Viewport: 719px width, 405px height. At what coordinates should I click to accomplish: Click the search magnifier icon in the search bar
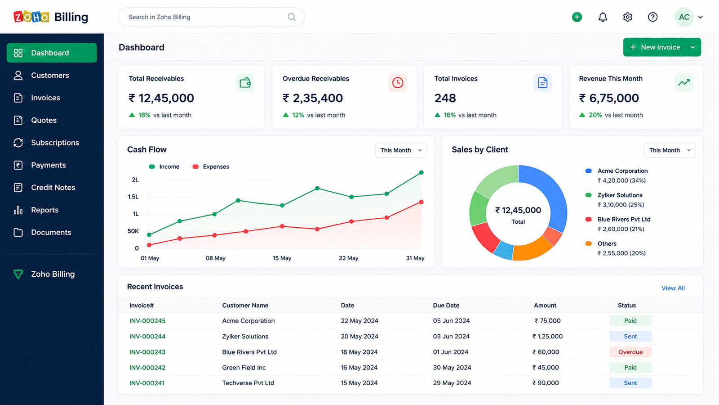coord(292,17)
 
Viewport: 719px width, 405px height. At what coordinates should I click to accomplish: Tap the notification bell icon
coord(603,17)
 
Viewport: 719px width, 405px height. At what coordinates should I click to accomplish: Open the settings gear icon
coord(627,17)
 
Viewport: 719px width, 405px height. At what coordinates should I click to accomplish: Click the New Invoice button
coord(662,47)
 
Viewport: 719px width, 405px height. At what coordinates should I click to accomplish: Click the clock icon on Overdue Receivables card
coord(397,83)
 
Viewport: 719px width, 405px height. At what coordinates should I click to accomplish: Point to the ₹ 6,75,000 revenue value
coord(608,98)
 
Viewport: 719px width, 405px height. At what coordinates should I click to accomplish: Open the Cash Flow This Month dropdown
coord(400,150)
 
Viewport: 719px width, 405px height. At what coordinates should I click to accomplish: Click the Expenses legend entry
coord(211,166)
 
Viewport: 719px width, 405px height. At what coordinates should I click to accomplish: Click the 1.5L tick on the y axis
coord(133,197)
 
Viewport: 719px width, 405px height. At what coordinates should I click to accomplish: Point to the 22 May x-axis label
coord(348,258)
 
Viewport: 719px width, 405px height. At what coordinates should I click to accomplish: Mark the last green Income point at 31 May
coord(421,173)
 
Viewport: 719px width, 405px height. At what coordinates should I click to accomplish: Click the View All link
coord(673,288)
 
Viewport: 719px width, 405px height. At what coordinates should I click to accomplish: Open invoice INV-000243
coord(147,352)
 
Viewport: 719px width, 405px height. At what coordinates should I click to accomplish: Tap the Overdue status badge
coord(630,352)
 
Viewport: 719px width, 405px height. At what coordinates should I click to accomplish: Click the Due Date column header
coord(446,306)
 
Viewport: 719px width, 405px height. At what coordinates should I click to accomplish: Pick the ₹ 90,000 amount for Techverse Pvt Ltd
coord(546,383)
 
